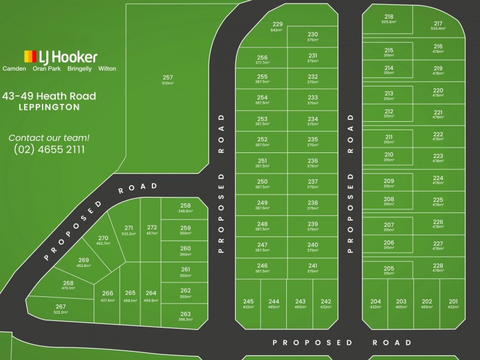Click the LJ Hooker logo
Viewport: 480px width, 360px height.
pyautogui.click(x=60, y=58)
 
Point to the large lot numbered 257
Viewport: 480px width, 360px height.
pyautogui.click(x=167, y=80)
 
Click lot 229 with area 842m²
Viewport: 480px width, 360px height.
pyautogui.click(x=277, y=26)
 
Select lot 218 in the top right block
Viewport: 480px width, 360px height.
pyautogui.click(x=389, y=19)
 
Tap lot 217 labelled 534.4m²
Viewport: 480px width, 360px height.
pyautogui.click(x=438, y=26)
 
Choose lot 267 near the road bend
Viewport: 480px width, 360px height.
pyautogui.click(x=61, y=309)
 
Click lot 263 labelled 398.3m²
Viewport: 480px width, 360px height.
pyautogui.click(x=185, y=316)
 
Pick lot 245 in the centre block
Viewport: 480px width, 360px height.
pyautogui.click(x=248, y=304)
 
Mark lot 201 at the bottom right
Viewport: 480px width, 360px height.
pyautogui.click(x=453, y=304)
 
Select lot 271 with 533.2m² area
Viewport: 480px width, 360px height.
pyautogui.click(x=128, y=230)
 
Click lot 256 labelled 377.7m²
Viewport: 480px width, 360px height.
pyautogui.click(x=262, y=60)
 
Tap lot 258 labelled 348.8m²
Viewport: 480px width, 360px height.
pyautogui.click(x=185, y=208)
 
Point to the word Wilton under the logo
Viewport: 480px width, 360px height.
pyautogui.click(x=107, y=69)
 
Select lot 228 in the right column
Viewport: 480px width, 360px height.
pyautogui.click(x=438, y=268)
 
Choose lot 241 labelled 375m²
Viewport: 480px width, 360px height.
pyautogui.click(x=313, y=268)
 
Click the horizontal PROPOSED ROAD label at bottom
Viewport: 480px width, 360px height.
pyautogui.click(x=342, y=343)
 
